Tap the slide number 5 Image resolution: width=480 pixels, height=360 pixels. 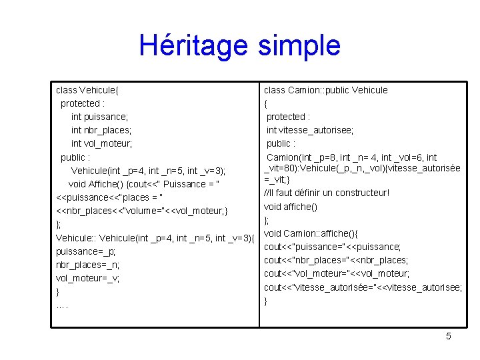(x=449, y=337)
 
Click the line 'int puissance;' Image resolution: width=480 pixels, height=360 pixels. (x=100, y=117)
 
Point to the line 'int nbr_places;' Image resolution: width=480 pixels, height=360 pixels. (x=101, y=130)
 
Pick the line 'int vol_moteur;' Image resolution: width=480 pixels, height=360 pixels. (x=102, y=143)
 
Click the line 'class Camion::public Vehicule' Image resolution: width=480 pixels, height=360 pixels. (x=326, y=90)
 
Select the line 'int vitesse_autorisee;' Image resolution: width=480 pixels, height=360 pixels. (x=310, y=130)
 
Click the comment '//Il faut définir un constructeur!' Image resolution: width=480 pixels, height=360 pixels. (x=327, y=193)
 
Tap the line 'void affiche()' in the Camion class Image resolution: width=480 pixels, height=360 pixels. (x=291, y=207)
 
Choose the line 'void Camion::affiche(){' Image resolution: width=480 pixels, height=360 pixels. (x=311, y=233)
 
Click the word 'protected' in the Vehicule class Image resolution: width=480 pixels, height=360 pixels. (x=80, y=103)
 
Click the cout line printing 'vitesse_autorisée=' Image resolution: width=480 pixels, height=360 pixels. (x=363, y=287)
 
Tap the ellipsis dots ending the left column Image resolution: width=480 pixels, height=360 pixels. (x=63, y=306)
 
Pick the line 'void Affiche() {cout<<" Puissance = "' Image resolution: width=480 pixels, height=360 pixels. (x=145, y=184)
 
